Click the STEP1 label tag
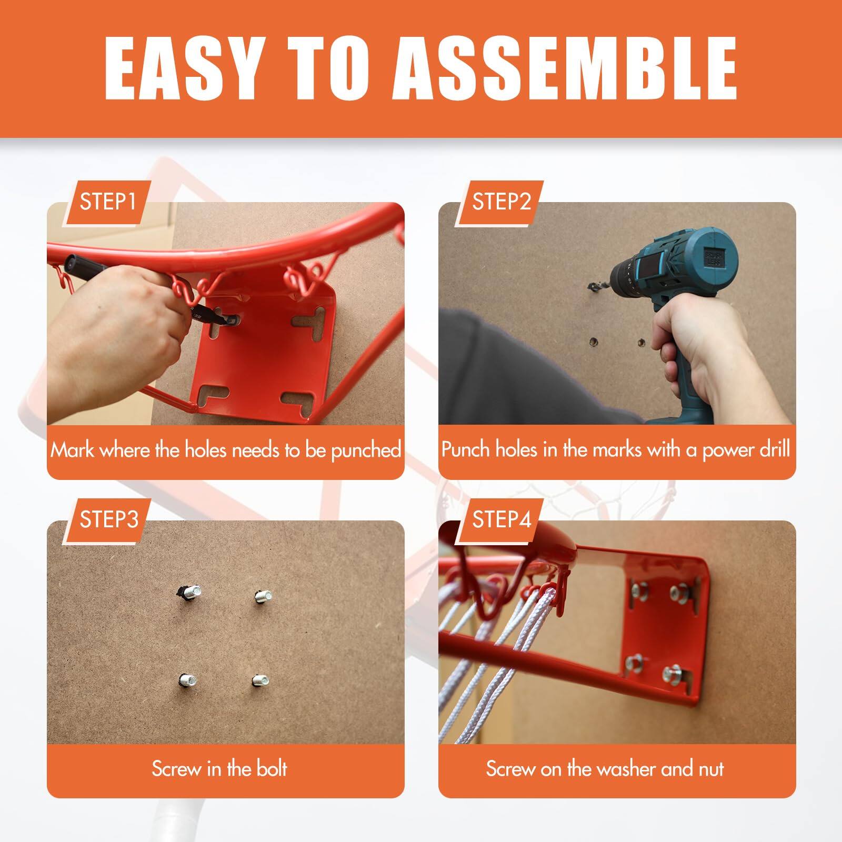click(x=108, y=202)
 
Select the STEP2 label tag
click(x=501, y=202)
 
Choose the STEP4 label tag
click(x=501, y=520)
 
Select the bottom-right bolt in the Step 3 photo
click(x=260, y=680)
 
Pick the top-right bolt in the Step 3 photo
click(x=262, y=596)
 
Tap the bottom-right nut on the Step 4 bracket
click(x=673, y=673)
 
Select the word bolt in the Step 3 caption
click(x=272, y=769)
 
